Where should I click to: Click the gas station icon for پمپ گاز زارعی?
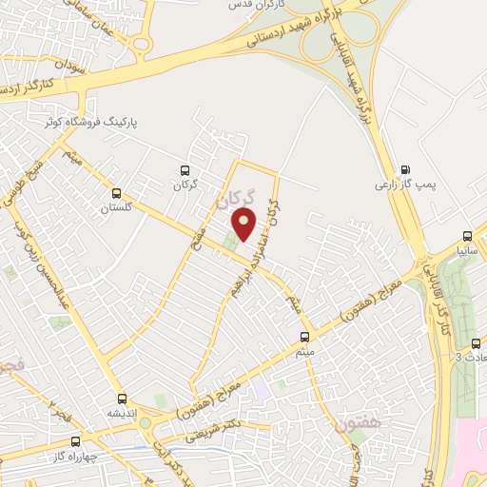[x=407, y=163]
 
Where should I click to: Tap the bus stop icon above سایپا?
[x=466, y=236]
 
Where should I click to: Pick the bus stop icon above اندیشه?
[x=121, y=399]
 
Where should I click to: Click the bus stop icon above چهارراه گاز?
[x=76, y=441]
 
